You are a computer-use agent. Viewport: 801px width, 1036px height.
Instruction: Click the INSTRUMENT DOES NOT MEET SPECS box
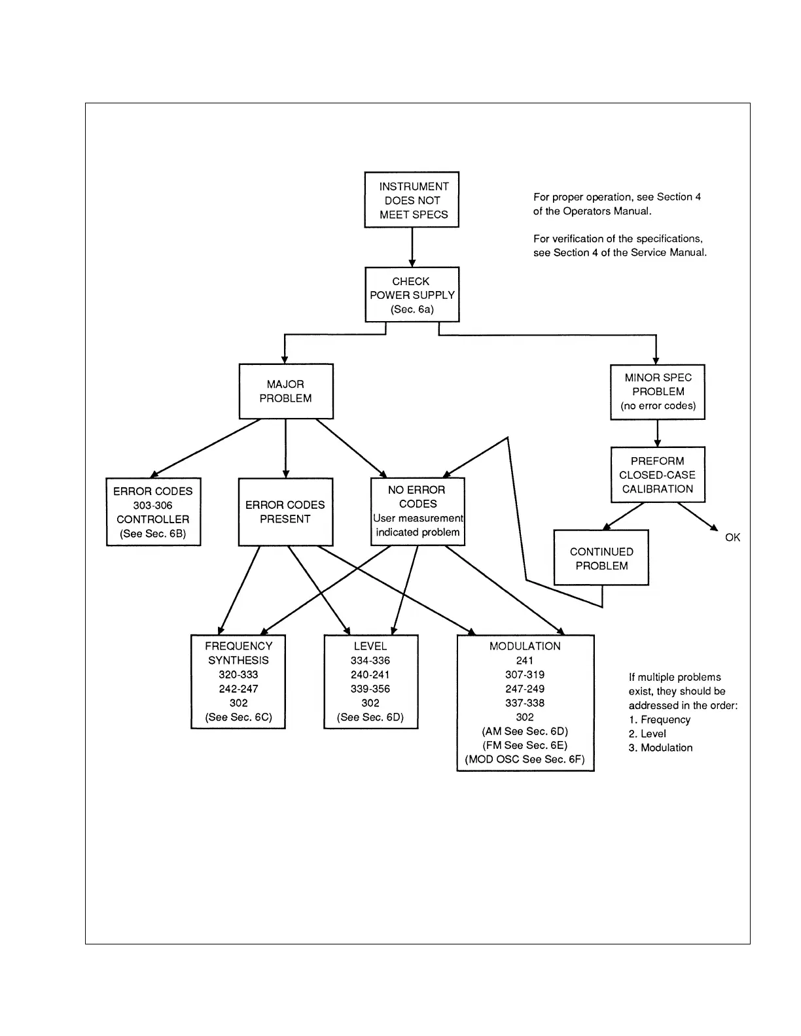[412, 200]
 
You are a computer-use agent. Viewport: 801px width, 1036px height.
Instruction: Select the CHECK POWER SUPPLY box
[412, 295]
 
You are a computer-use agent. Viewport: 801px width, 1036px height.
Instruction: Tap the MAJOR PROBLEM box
[286, 391]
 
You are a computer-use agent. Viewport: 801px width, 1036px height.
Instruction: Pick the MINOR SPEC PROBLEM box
[658, 392]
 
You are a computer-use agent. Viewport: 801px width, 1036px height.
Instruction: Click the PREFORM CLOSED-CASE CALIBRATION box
[658, 475]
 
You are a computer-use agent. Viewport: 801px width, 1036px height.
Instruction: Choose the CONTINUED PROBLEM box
[601, 559]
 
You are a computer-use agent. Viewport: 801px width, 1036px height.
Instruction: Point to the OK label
[732, 538]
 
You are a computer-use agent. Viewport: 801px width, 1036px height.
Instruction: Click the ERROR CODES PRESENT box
[285, 512]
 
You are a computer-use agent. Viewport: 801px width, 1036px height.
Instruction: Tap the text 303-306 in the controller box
[152, 506]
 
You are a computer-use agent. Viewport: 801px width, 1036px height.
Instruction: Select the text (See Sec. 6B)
[152, 534]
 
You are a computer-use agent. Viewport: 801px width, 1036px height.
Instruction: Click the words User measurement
[418, 518]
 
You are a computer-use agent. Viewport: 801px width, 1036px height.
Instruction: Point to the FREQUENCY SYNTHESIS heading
[238, 653]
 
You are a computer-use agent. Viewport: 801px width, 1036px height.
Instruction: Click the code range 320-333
[238, 674]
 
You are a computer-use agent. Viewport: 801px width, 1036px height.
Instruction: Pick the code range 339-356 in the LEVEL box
[370, 689]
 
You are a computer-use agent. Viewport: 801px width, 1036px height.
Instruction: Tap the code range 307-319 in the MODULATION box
[525, 674]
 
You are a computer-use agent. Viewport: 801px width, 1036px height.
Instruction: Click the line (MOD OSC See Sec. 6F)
[525, 759]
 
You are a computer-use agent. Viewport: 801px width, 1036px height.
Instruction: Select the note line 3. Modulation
[660, 748]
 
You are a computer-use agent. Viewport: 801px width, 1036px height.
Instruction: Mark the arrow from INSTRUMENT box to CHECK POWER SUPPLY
[412, 247]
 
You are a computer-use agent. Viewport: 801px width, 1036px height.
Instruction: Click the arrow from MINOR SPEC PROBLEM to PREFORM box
[658, 434]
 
